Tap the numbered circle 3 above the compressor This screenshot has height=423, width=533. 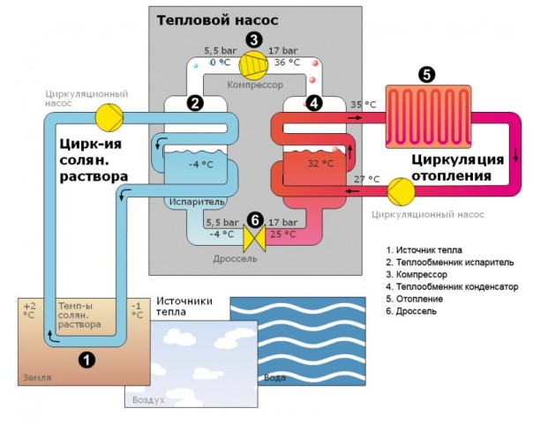[254, 39]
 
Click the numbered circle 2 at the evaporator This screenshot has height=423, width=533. [196, 102]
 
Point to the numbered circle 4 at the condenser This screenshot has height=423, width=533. [314, 102]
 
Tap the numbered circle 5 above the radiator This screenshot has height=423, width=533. [427, 75]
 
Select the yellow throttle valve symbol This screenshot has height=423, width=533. [253, 238]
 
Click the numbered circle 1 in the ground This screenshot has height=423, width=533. [86, 358]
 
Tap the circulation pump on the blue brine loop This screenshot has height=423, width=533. [110, 115]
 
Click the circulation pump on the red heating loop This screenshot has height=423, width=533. [400, 189]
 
